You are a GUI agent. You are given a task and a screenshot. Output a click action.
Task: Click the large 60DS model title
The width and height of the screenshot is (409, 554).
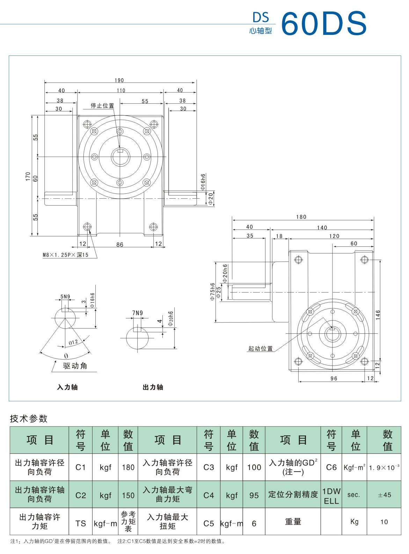tap(324, 24)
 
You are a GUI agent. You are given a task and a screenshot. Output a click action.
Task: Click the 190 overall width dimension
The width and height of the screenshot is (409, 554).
tap(119, 80)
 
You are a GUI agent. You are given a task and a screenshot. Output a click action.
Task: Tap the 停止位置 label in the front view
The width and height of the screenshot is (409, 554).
tap(102, 105)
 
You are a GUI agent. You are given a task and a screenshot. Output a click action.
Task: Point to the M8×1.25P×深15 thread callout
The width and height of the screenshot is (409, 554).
tap(66, 255)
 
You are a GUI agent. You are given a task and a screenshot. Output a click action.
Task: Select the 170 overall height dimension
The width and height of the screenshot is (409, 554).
tap(28, 176)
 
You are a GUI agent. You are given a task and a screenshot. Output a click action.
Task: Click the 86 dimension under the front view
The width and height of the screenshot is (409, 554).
tap(120, 244)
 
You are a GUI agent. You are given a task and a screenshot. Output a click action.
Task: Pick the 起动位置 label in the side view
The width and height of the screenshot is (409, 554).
tap(260, 348)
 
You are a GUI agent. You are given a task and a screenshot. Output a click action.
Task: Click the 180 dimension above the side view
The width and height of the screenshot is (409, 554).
tap(301, 217)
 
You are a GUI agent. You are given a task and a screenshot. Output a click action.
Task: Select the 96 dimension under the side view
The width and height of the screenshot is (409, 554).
tap(334, 378)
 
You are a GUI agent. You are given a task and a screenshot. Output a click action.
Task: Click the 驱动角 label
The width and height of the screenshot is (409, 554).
tap(75, 366)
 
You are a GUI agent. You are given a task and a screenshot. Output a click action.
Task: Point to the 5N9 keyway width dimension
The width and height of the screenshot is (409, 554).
tap(65, 297)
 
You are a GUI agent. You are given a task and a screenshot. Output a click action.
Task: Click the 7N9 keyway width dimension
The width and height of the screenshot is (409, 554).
tap(137, 313)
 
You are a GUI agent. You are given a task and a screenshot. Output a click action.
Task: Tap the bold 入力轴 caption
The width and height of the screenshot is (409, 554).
tap(67, 387)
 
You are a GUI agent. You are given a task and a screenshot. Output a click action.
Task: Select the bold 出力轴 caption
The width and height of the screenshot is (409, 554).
tap(153, 387)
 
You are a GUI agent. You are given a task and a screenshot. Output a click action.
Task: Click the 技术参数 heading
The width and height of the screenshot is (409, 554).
tap(29, 419)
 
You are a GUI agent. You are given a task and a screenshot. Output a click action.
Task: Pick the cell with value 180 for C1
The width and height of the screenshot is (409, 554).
tap(128, 467)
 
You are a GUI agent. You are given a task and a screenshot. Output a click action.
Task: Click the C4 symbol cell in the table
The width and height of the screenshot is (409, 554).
tap(209, 495)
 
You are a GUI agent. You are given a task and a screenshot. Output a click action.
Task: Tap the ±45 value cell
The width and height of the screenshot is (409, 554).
tap(384, 495)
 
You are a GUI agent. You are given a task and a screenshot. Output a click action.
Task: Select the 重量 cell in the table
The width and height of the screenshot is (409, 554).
tap(293, 522)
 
